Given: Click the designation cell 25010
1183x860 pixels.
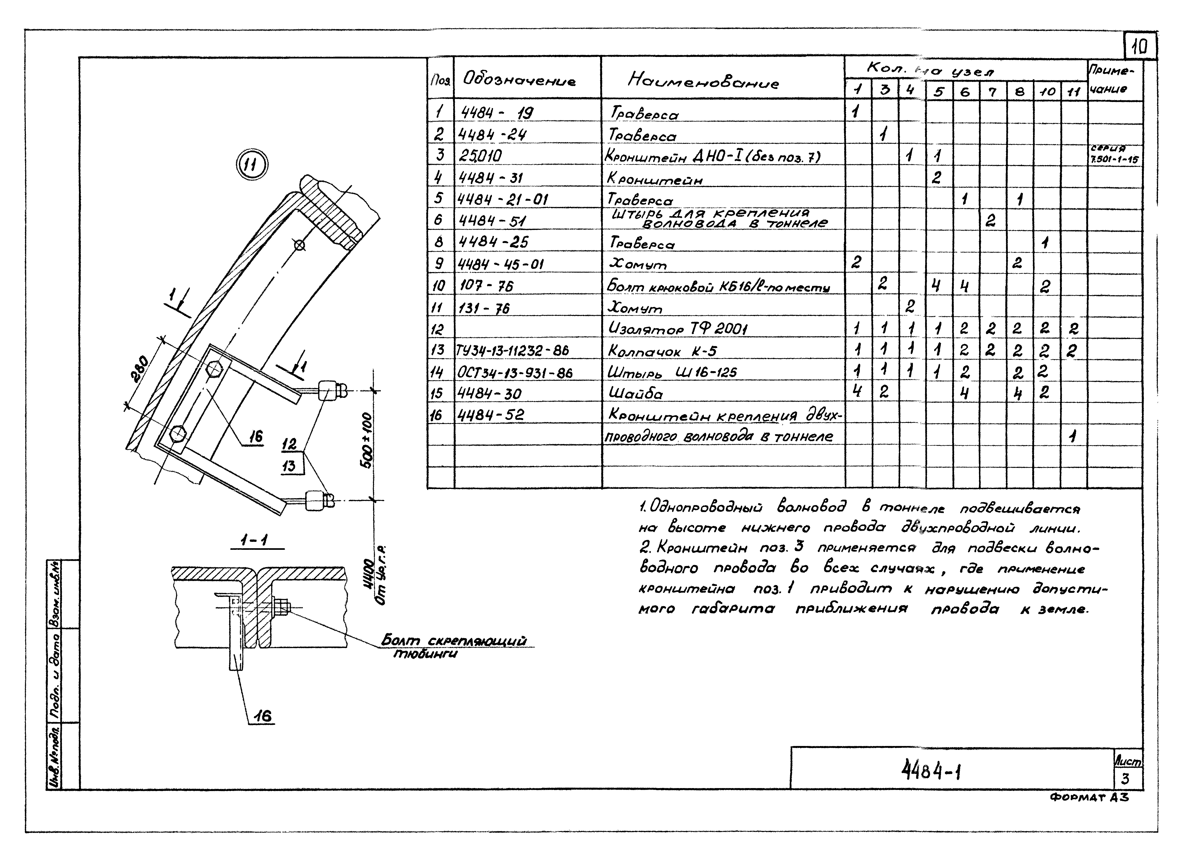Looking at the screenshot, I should click(x=480, y=155).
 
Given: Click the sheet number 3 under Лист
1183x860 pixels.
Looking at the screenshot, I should click(x=1125, y=779).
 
